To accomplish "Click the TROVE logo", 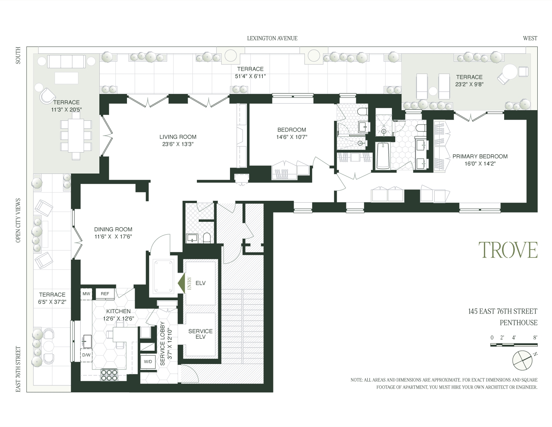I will (508, 250).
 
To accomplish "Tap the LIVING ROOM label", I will (178, 137).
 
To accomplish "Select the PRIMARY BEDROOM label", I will (480, 157).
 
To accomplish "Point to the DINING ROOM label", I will (113, 229).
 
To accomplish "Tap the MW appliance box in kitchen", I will (86, 294).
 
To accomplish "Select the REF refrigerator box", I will (105, 294).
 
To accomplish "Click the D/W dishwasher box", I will (86, 355).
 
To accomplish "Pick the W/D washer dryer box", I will (148, 362).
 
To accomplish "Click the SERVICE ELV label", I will (200, 334).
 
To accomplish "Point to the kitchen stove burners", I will (109, 375).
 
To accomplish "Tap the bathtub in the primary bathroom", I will (383, 156).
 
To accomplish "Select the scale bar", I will (514, 345).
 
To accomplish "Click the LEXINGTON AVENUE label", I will (272, 38).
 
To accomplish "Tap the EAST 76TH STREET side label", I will (18, 369).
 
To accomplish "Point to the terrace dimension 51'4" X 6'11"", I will (250, 76).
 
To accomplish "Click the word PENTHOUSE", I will (518, 323).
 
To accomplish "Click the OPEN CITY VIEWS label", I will (18, 220).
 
